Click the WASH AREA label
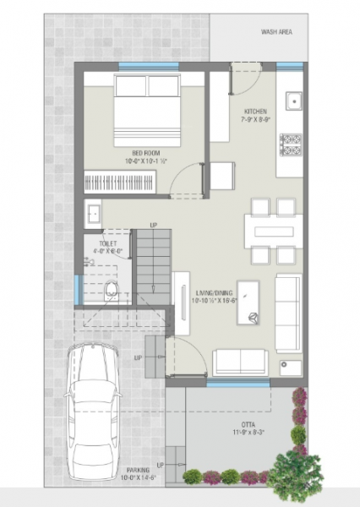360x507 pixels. click(x=275, y=32)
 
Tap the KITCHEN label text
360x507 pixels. click(x=256, y=112)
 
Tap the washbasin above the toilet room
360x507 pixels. click(x=92, y=211)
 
